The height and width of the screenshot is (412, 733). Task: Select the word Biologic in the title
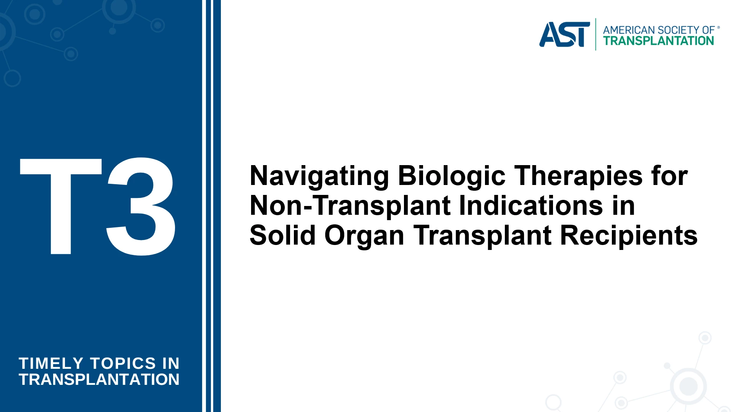[x=452, y=176]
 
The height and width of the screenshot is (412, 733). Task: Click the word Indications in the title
[x=530, y=206]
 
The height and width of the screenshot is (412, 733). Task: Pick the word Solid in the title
[x=282, y=235]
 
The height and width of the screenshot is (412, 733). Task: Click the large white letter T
[x=61, y=206]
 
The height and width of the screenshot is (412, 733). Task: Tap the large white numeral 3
[x=141, y=206]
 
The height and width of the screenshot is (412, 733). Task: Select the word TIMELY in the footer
[x=51, y=363]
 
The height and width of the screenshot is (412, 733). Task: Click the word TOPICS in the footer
[x=123, y=363]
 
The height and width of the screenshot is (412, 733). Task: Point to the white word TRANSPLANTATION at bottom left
[x=99, y=380]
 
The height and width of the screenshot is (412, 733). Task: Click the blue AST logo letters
[x=564, y=34]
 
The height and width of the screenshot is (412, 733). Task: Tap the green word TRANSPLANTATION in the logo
[x=658, y=41]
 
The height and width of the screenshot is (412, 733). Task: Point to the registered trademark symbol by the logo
[x=718, y=28]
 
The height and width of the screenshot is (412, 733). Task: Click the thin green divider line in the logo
[x=595, y=34]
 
